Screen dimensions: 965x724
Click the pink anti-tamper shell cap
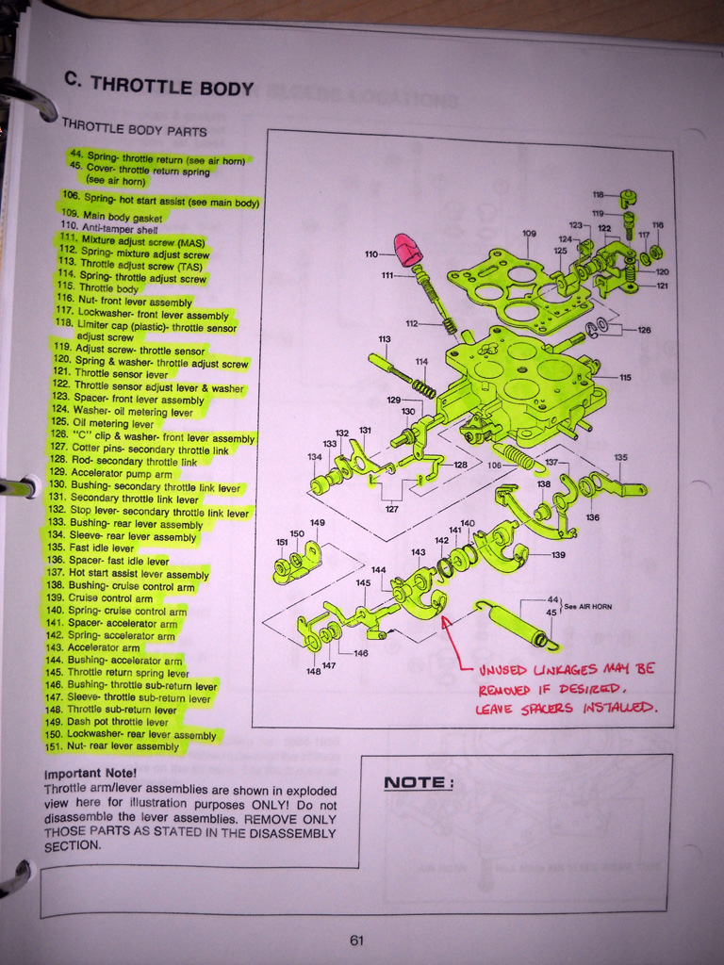pos(408,251)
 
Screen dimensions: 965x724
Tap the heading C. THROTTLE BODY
pos(158,85)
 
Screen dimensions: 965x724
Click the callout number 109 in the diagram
pos(529,234)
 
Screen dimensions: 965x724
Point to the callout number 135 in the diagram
pos(620,458)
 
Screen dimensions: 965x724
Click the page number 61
pos(356,940)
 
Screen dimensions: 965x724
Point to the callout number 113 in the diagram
pos(385,339)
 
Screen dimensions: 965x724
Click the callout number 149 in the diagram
pos(317,523)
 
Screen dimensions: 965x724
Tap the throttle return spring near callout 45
pos(514,625)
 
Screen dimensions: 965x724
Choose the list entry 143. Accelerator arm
pos(107,648)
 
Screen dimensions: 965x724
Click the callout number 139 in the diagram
pos(558,555)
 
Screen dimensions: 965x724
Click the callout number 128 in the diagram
pos(460,465)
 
